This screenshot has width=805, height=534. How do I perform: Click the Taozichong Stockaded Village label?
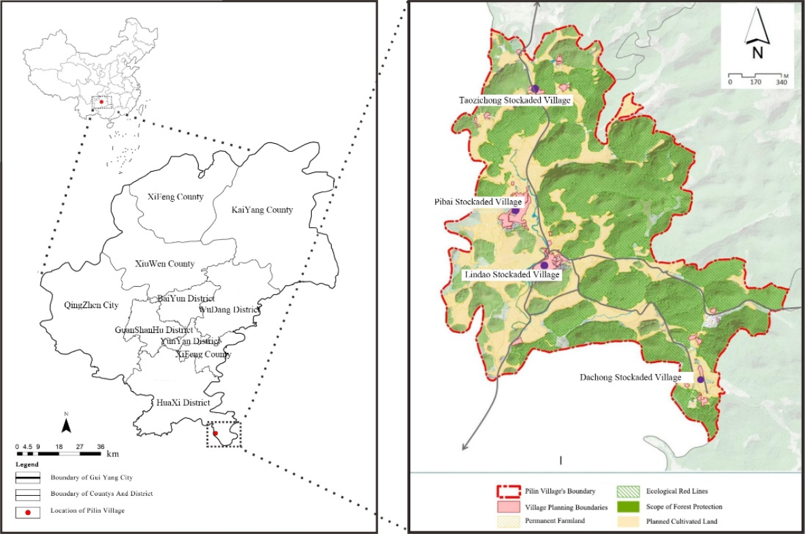tap(514, 100)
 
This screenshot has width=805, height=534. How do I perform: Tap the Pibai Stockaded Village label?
tap(477, 202)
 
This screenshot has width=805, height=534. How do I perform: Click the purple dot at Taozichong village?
tap(535, 89)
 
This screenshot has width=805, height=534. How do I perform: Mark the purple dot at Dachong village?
tap(699, 379)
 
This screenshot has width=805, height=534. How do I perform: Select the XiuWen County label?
tap(164, 264)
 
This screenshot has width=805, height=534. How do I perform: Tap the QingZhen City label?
tap(90, 305)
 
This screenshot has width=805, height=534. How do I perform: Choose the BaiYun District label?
tap(185, 298)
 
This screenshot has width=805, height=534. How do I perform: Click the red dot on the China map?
tap(101, 101)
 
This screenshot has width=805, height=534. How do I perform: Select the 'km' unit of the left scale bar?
tap(112, 454)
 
